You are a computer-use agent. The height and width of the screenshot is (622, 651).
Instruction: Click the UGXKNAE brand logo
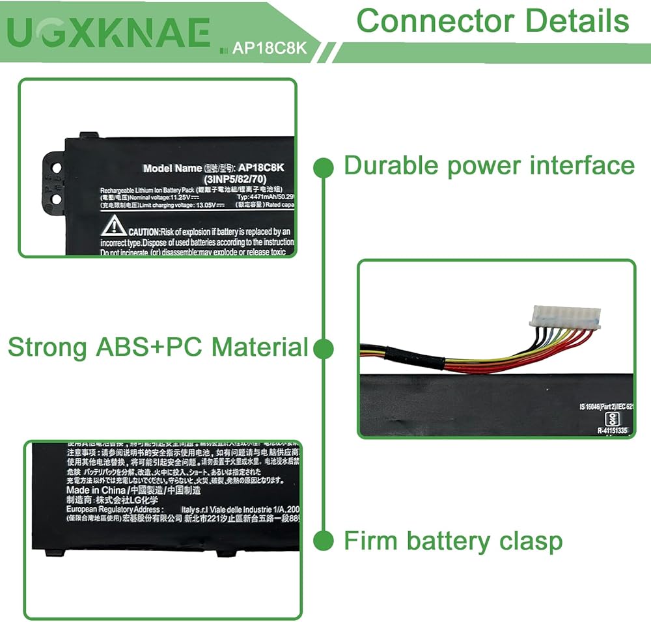(x=111, y=33)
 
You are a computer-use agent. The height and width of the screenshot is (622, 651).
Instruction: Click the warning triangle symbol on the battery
(x=113, y=226)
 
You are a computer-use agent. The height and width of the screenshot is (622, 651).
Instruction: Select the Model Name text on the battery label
(x=173, y=168)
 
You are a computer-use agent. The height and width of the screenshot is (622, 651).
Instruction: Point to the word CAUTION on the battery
(x=144, y=232)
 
